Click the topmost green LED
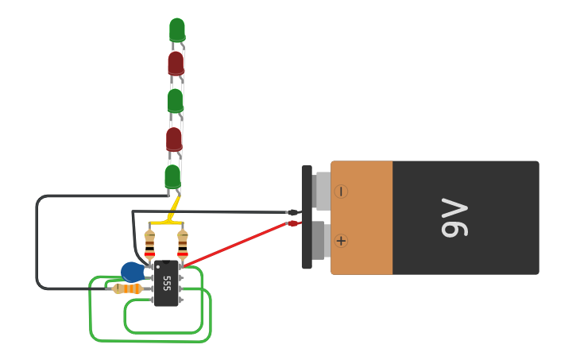coord(177,29)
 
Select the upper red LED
coord(176,63)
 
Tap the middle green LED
coord(176,100)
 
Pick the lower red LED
coord(174,139)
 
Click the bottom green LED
coord(172,176)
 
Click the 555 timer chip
coord(166,283)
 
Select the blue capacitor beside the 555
coord(132,272)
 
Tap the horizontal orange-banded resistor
coord(128,288)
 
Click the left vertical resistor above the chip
coord(149,243)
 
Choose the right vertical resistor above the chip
coord(183,243)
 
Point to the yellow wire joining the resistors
coord(166,223)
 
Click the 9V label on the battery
coord(454,219)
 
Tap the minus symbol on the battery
coord(341,192)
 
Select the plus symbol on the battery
coord(341,241)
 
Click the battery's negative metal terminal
coord(322,191)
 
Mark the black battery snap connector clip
coord(307,216)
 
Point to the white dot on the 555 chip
coord(157,265)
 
